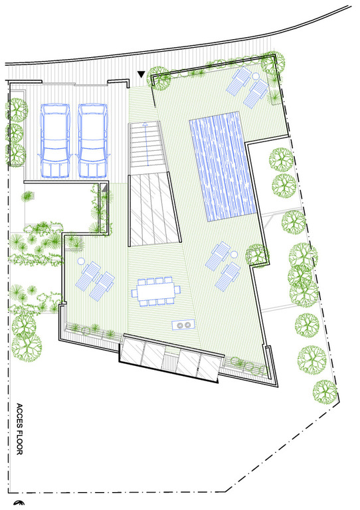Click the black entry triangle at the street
click(141, 74)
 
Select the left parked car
click(55, 141)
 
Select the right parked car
click(93, 141)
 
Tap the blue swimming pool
click(223, 166)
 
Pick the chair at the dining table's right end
click(177, 289)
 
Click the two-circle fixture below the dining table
click(183, 325)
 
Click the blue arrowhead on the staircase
click(145, 124)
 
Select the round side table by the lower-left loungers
click(81, 260)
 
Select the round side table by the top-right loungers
click(256, 76)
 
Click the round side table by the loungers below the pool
click(234, 254)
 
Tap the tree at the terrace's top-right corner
click(272, 63)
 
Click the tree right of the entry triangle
click(159, 78)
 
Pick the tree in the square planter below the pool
click(257, 255)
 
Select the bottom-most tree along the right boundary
click(325, 392)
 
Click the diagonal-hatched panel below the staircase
click(155, 210)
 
